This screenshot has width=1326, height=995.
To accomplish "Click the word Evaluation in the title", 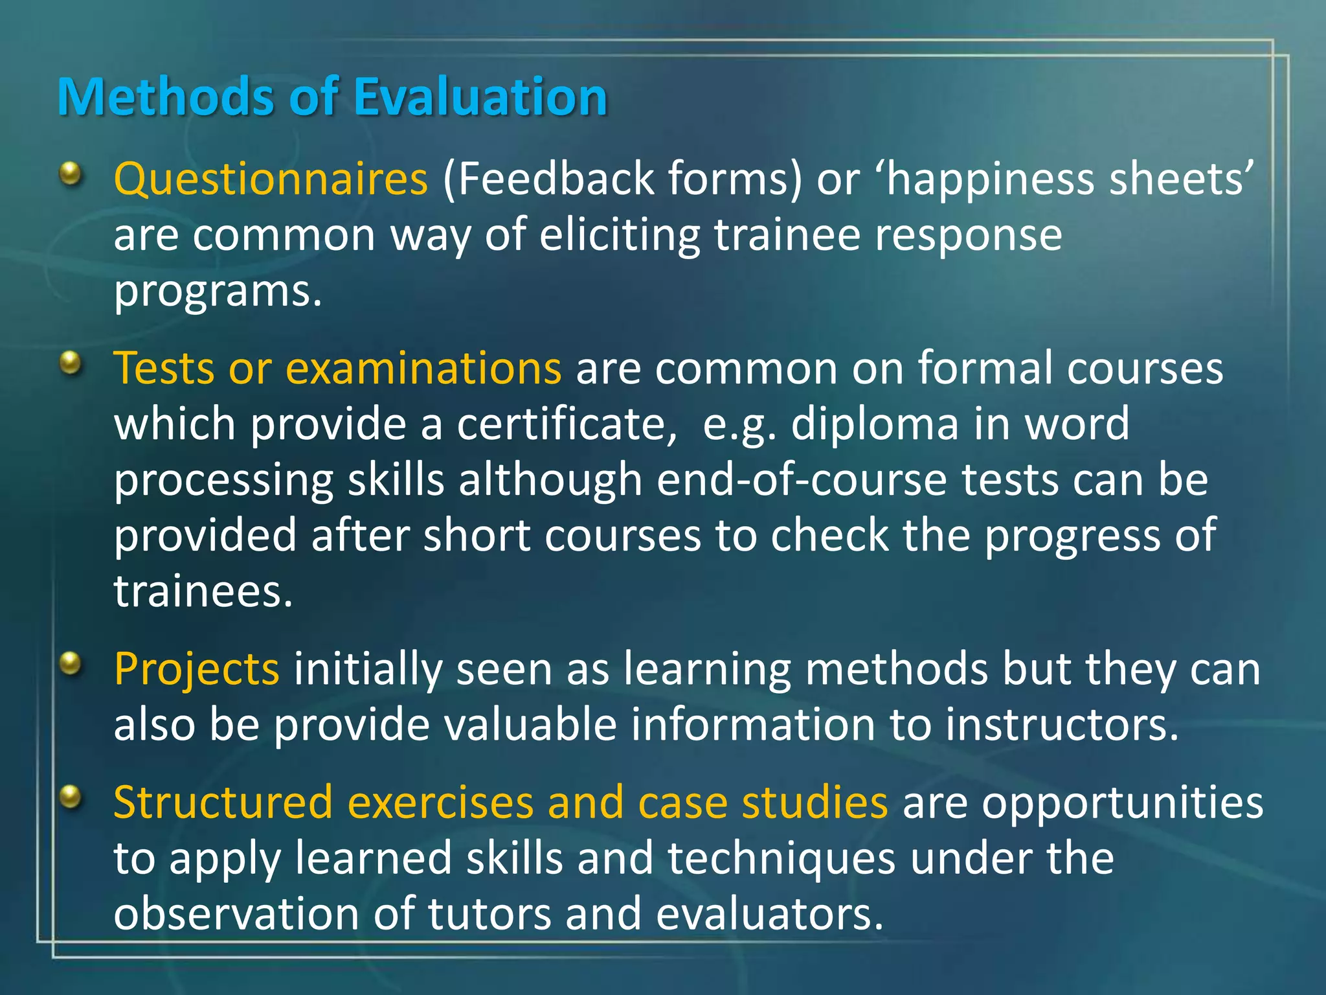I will tap(480, 97).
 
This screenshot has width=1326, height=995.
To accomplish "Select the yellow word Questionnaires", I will tap(271, 179).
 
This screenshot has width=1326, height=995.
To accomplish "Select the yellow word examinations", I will tap(423, 369).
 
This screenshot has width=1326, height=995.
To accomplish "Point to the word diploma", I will tap(874, 425).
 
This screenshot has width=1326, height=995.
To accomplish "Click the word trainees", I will tap(203, 591).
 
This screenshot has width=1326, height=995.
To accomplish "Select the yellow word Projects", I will tap(196, 670).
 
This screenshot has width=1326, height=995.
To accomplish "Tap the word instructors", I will tap(1062, 725).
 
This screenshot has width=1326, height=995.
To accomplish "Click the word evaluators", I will tap(770, 914).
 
